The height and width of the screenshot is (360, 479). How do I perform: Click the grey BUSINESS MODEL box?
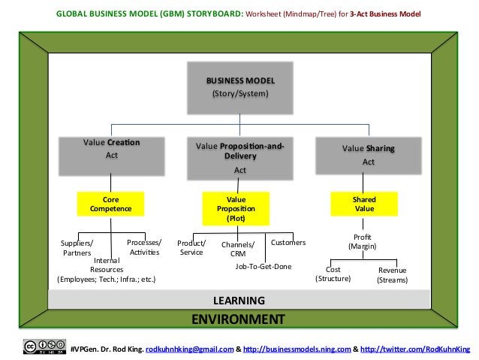click(x=239, y=87)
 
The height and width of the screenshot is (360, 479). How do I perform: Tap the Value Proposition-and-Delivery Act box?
click(x=239, y=156)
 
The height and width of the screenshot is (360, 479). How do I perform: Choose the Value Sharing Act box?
click(x=368, y=154)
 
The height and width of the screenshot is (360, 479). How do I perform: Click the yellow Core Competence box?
click(x=111, y=204)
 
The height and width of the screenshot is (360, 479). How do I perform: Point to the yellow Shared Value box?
click(x=364, y=204)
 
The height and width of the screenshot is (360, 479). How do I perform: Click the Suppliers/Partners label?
click(x=77, y=248)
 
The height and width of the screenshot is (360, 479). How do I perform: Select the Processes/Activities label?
click(x=144, y=247)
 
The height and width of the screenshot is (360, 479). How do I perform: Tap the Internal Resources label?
click(x=107, y=269)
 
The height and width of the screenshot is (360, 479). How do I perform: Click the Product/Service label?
click(x=191, y=248)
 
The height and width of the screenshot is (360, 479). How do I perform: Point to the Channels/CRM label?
click(x=238, y=250)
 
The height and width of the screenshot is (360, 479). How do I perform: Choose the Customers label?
click(x=288, y=243)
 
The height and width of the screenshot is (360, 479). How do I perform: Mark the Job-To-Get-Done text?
click(x=263, y=266)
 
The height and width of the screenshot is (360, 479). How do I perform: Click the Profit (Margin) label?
click(x=362, y=242)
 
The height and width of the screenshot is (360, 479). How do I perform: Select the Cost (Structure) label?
click(x=333, y=274)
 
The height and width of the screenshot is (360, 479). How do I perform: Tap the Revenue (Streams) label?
click(x=392, y=275)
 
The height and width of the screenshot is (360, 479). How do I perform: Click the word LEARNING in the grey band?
click(x=239, y=301)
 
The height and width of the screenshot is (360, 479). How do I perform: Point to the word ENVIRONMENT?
click(x=238, y=319)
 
